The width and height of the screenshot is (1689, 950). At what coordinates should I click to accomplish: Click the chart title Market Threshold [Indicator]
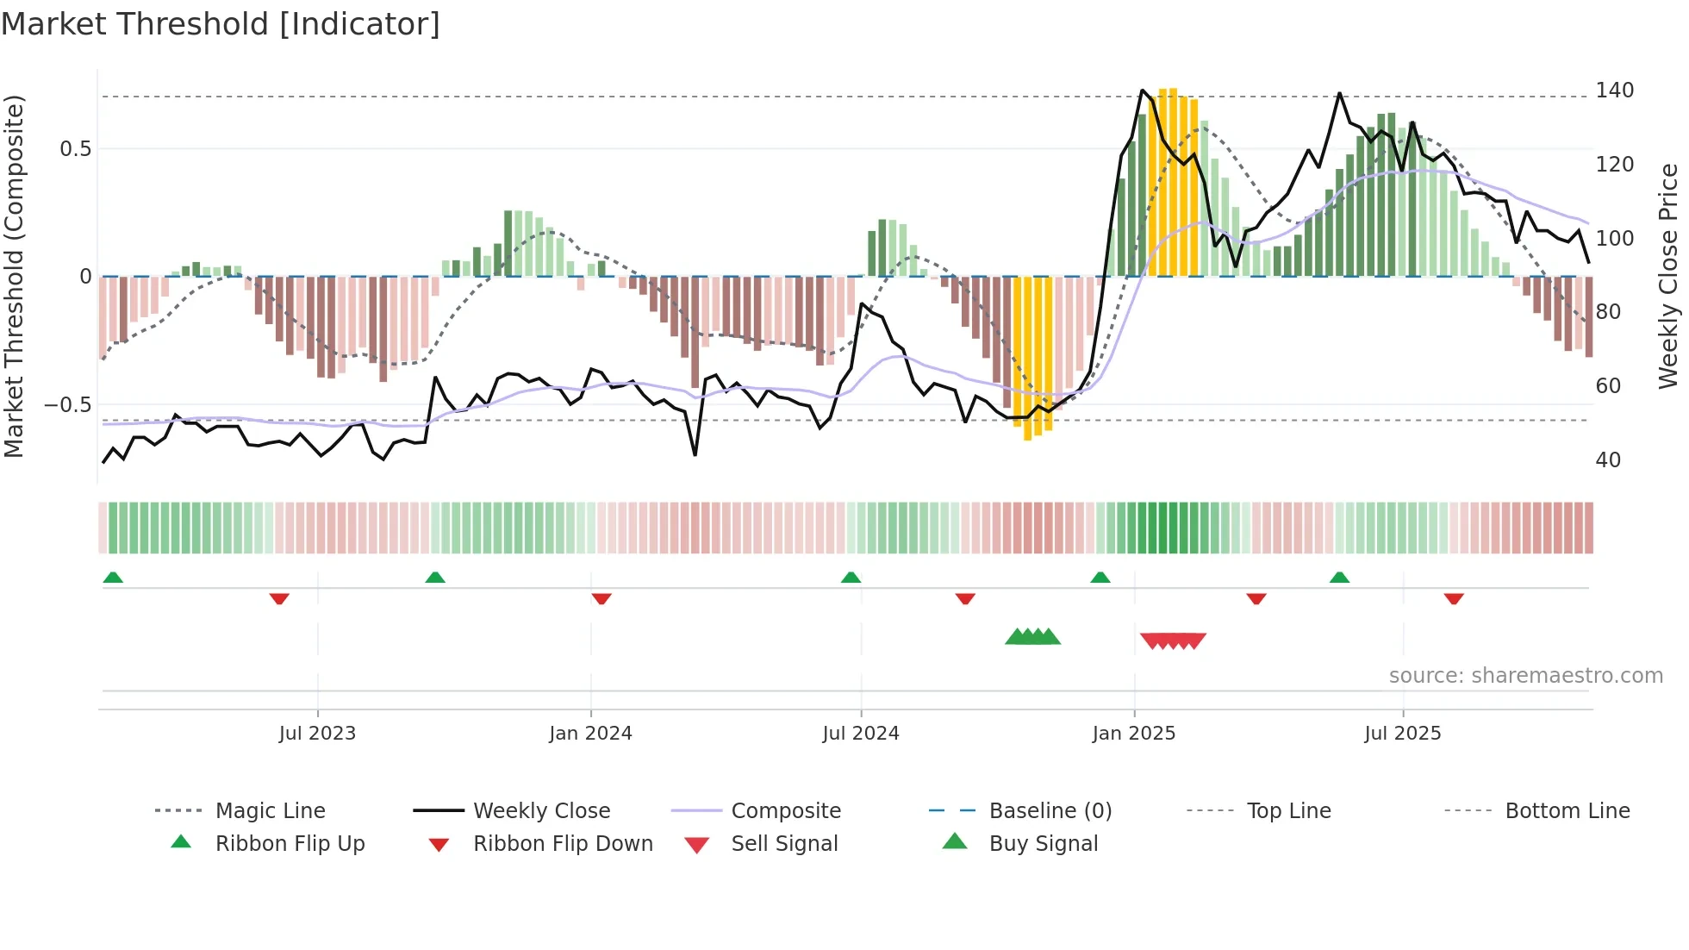point(221,24)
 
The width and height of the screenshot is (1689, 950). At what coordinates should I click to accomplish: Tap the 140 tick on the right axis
point(1614,91)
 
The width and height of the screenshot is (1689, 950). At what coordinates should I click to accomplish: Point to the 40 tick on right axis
point(1608,459)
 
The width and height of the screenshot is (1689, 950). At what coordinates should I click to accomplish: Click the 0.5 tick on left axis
point(75,148)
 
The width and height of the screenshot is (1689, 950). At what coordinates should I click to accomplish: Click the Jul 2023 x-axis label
point(317,734)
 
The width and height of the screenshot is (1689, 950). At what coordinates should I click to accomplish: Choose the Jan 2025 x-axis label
point(1133,734)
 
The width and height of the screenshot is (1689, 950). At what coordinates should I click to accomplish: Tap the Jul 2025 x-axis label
point(1402,734)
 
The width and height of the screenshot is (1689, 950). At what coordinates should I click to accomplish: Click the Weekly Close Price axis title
point(1668,276)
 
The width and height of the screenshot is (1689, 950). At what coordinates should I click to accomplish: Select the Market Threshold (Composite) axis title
point(14,276)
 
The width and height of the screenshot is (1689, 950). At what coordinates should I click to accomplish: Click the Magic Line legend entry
point(270,811)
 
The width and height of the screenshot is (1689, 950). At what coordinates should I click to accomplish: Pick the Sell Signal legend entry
point(784,844)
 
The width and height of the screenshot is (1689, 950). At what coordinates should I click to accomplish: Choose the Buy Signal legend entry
point(1043,844)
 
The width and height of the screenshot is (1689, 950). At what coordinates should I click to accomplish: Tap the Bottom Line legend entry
point(1567,811)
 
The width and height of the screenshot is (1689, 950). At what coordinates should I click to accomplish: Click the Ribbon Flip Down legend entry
point(563,844)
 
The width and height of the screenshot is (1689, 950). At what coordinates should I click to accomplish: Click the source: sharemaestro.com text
point(1525,676)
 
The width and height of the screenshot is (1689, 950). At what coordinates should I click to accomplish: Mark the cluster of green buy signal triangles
point(1032,637)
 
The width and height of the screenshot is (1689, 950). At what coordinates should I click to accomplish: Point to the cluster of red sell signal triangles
point(1173,641)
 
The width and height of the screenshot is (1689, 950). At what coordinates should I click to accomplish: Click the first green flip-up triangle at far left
point(113,578)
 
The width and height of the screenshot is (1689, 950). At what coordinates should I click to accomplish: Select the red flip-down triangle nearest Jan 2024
point(601,598)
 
